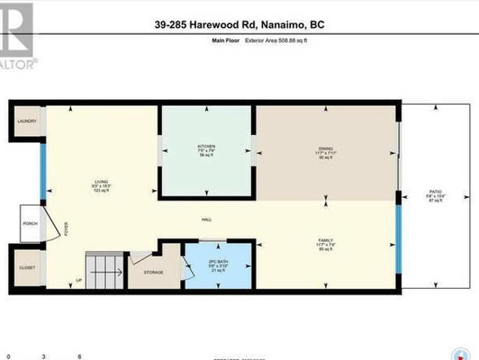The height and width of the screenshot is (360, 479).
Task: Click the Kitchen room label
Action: tap(206, 145)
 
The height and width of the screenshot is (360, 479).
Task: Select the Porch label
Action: tap(30, 223)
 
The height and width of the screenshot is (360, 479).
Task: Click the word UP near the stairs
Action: tap(79, 280)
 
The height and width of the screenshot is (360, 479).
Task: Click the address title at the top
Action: tap(238, 25)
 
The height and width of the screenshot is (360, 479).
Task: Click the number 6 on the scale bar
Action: tap(79, 356)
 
